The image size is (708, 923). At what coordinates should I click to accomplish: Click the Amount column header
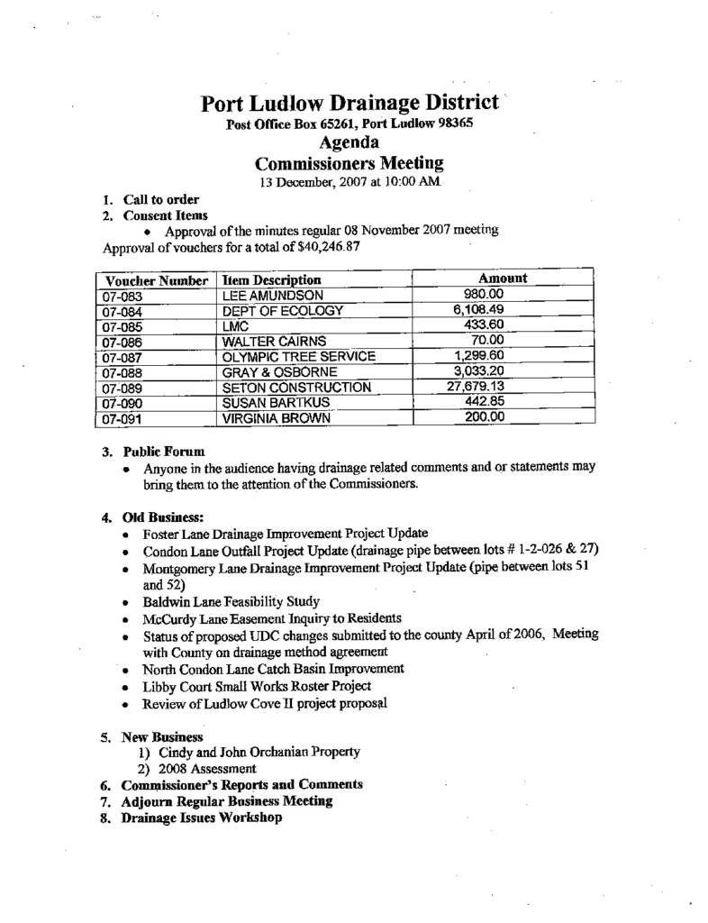502,279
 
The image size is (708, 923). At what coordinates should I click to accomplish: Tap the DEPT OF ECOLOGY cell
283,311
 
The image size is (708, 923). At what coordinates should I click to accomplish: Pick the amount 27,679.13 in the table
477,387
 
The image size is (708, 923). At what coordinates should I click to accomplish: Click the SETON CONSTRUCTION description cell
296,388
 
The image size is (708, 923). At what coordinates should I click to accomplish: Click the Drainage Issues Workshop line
202,818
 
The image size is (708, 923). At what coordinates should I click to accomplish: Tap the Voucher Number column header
156,280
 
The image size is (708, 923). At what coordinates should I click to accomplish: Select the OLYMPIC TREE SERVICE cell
298,357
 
